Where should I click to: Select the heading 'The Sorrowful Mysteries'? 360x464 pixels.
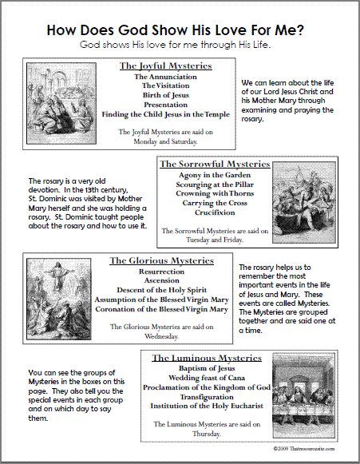pos(215,164)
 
